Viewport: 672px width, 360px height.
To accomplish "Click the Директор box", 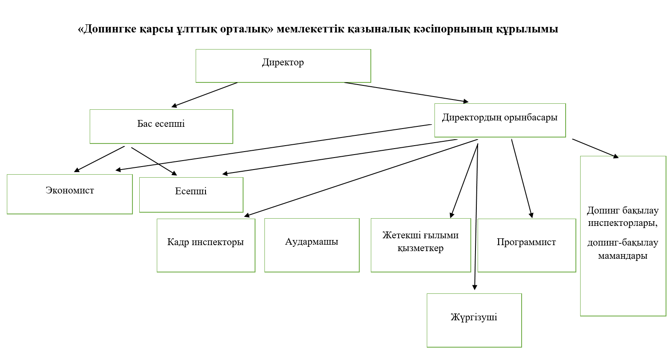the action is pos(283,66).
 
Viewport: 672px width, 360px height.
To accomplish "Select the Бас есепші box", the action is pos(161,126).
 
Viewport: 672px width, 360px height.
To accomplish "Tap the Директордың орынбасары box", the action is pos(500,120).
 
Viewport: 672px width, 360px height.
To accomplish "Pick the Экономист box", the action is pos(70,194).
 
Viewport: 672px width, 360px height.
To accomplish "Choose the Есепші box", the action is pos(191,195).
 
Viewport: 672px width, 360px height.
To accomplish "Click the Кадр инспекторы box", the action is pos(206,246).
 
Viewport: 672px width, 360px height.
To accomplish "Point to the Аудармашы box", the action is pos(312,246).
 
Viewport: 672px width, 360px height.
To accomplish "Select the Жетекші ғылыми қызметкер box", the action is pos(421,246).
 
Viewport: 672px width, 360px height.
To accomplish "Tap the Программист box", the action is pos(526,246).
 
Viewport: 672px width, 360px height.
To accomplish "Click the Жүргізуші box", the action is pos(474,320).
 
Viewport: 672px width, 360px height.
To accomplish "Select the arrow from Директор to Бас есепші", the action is pos(204,95).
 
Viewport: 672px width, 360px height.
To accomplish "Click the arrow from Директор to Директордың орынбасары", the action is pos(406,92).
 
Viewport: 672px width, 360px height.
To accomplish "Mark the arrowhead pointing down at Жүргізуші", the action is pos(475,287).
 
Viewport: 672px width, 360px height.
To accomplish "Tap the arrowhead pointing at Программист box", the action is pos(531,215).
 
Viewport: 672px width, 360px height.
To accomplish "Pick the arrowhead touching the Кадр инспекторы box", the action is pos(247,215).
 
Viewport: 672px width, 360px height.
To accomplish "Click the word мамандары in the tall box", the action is pos(622,256).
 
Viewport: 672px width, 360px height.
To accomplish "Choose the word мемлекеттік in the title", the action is pos(311,29).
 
